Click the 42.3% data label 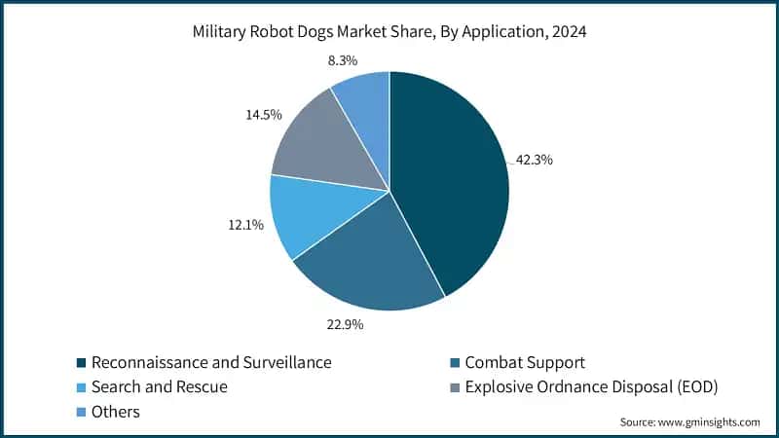(x=534, y=160)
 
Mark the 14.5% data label (x=263, y=115)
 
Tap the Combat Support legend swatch (x=455, y=363)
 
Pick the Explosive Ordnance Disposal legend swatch (x=455, y=387)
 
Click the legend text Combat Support (x=526, y=363)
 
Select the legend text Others (x=116, y=412)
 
